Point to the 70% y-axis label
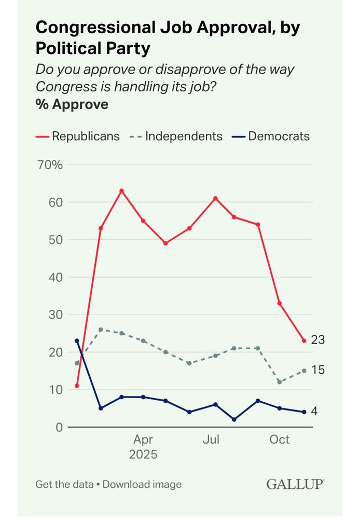click(50, 165)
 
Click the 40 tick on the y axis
click(56, 277)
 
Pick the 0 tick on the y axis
click(59, 427)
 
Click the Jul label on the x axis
click(211, 440)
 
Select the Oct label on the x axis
click(279, 440)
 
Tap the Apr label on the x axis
click(143, 440)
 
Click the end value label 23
click(317, 340)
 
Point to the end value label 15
click(317, 370)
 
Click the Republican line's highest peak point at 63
click(122, 191)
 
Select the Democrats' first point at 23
click(77, 341)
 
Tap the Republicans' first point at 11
click(77, 386)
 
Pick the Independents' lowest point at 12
click(280, 382)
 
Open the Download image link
click(142, 484)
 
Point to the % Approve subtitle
click(72, 104)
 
